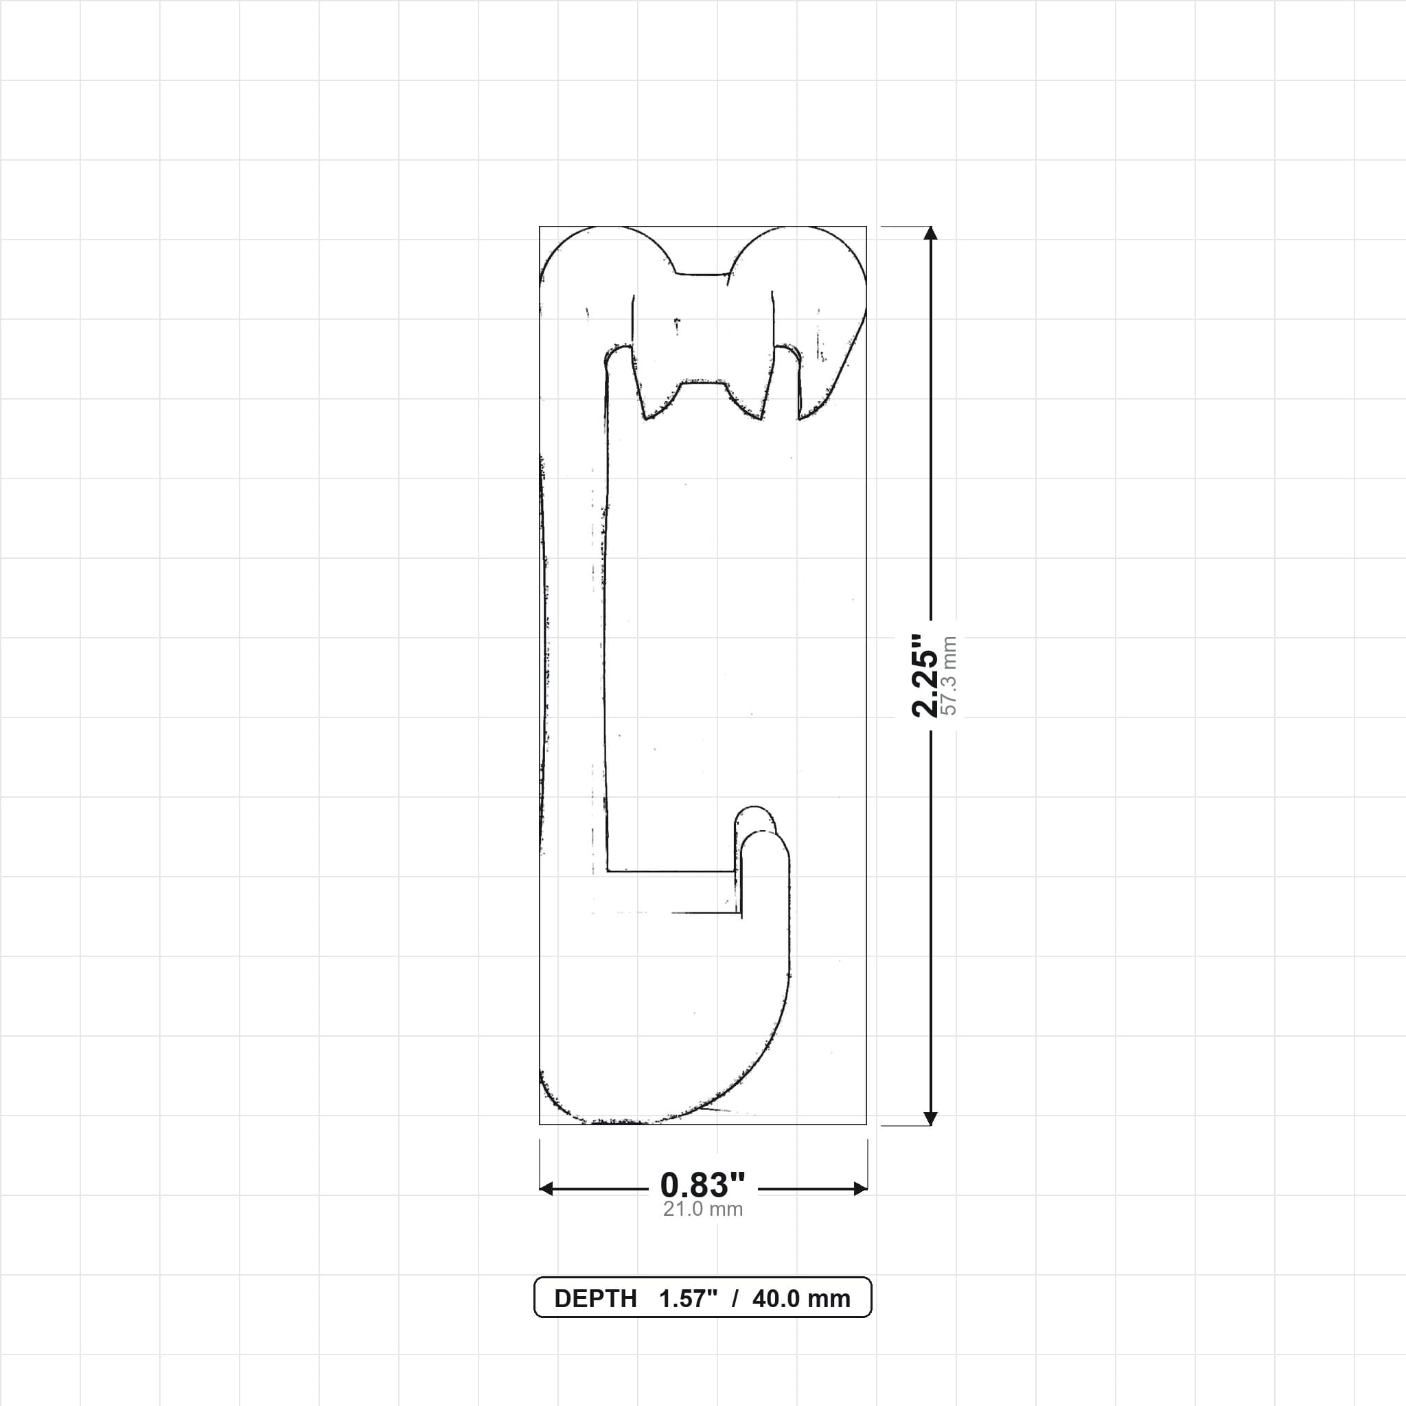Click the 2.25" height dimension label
pos(924,675)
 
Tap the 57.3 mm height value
pos(949,676)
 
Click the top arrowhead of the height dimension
pos(930,233)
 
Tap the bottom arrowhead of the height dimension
pos(930,1118)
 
